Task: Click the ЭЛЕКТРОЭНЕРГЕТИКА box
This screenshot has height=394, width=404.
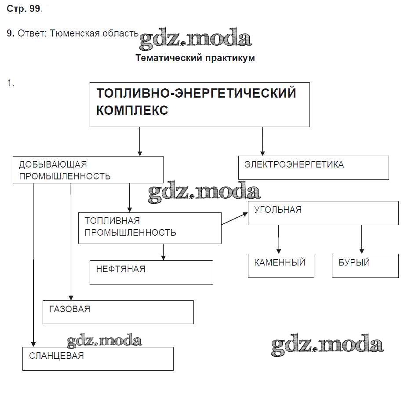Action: coord(313,168)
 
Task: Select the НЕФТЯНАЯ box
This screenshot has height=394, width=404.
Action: coord(151,272)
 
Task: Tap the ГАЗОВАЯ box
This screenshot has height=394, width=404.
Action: coord(118,312)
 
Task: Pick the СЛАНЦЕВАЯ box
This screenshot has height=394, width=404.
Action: coord(98,359)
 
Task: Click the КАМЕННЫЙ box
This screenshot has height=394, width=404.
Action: coord(281,266)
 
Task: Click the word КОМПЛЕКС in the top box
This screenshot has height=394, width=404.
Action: coord(132,110)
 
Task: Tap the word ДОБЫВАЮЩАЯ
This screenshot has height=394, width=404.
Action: coord(53,164)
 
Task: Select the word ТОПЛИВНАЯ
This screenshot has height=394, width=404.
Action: coord(112,220)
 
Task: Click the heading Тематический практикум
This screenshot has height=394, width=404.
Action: coord(195,58)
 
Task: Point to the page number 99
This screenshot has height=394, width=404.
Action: coord(35,9)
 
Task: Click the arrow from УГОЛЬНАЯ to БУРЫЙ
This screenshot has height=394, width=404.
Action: coord(362,240)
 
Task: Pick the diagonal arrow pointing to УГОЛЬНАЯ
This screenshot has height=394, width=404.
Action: coord(235,219)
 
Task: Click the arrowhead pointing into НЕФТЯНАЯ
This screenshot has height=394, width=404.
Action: coord(164,258)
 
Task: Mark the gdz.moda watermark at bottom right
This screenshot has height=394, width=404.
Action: coord(327,346)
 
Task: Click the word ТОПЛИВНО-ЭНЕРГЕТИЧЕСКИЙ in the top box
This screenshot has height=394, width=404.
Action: coord(196,93)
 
